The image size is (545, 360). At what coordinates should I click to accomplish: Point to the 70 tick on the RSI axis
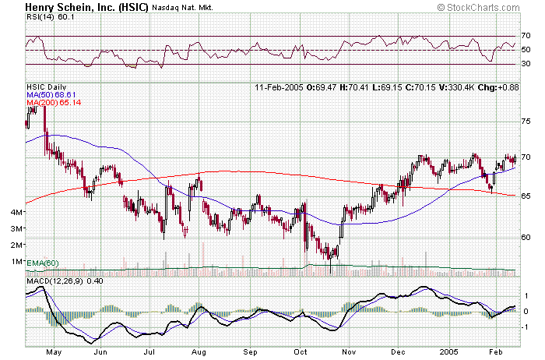click(526, 36)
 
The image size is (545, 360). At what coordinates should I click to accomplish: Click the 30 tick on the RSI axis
click(526, 64)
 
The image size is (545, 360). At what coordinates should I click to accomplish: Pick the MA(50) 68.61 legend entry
click(52, 94)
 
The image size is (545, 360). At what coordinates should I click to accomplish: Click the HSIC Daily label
click(46, 86)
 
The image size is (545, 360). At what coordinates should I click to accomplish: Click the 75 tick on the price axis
click(526, 122)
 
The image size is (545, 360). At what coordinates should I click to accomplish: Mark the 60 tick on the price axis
click(526, 237)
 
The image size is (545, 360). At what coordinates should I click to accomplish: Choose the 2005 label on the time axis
click(449, 352)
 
